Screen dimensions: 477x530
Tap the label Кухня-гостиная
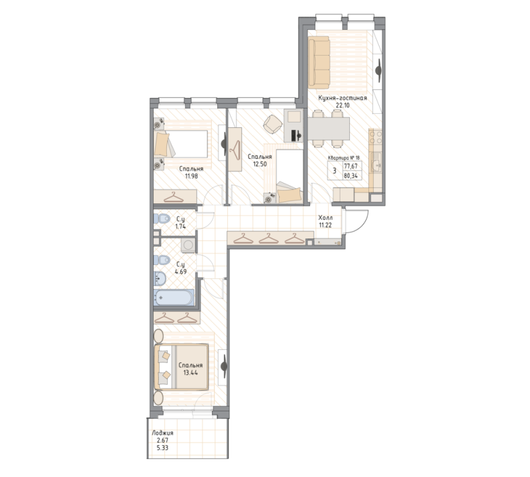click(343, 98)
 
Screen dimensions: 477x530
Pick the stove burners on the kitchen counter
click(376, 138)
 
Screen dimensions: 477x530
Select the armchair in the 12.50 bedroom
click(272, 124)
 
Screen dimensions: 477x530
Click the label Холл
click(325, 217)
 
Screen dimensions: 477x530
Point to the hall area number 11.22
click(325, 225)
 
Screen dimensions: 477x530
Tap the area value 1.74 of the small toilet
click(180, 227)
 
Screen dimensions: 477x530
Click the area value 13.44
click(189, 373)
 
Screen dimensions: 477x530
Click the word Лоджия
click(162, 433)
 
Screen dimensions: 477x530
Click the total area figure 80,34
click(351, 176)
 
